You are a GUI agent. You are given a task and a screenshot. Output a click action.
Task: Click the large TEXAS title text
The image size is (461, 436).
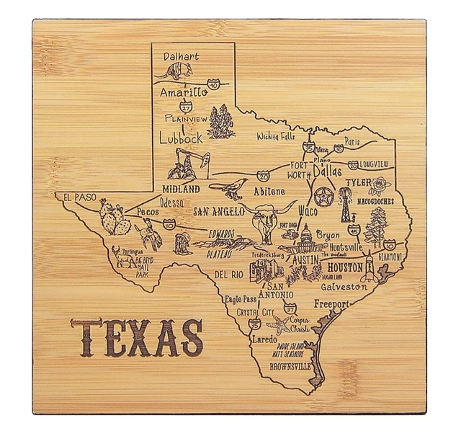136,337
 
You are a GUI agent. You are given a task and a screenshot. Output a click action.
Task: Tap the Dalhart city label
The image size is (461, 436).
180,55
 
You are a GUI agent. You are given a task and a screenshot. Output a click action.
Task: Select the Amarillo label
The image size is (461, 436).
184,93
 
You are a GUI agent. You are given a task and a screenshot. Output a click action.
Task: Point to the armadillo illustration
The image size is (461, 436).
171,71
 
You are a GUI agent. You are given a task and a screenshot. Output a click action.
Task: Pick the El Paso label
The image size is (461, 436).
79,196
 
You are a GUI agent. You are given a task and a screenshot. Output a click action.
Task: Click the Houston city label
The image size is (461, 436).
350,267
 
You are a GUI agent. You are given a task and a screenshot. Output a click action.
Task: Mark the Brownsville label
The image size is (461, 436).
289,366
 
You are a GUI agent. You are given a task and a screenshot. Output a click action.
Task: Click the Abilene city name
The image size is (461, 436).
269,191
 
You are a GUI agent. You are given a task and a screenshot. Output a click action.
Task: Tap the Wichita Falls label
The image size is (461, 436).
277,135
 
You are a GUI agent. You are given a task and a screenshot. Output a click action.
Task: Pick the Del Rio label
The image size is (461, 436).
228,275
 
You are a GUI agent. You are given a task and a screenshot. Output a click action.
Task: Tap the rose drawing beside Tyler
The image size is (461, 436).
378,186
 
